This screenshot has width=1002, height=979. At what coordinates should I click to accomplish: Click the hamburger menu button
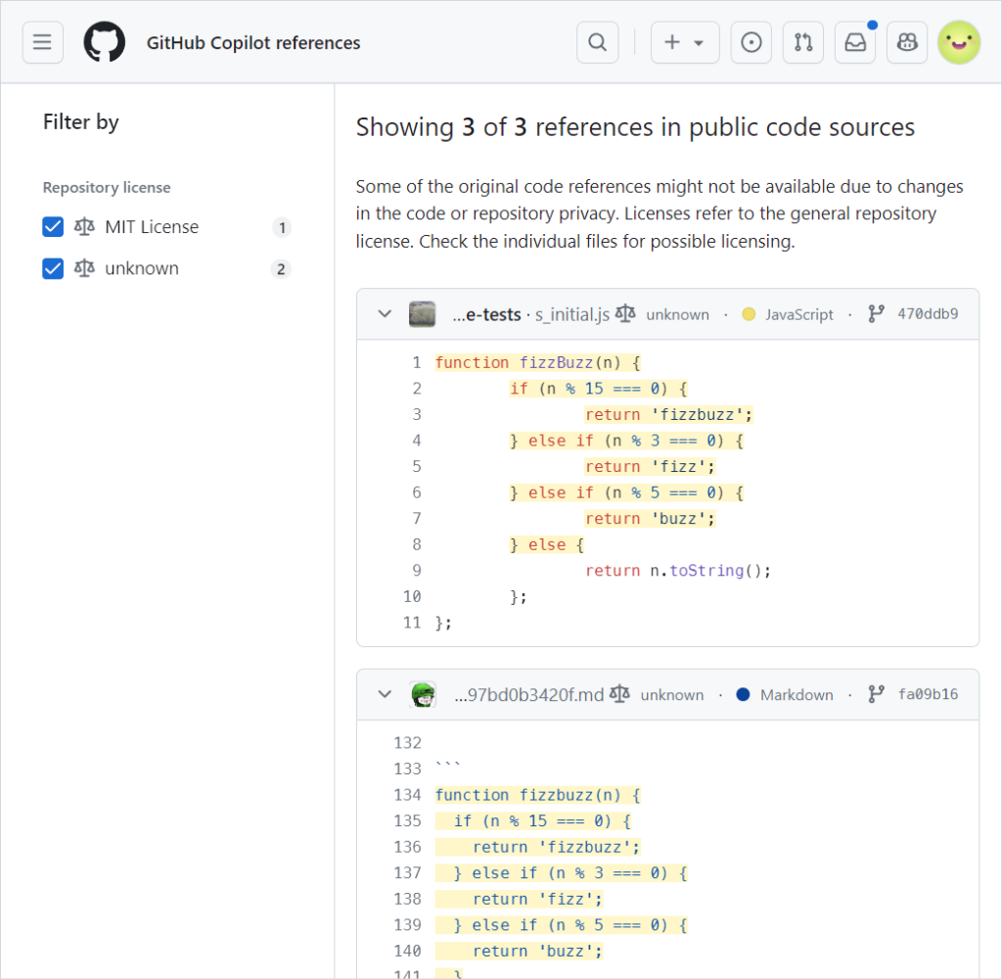click(x=43, y=42)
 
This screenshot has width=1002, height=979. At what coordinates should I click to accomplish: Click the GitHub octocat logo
click(x=104, y=42)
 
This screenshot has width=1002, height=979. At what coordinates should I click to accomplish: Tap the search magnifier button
click(x=598, y=42)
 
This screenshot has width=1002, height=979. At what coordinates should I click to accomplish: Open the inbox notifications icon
click(x=855, y=42)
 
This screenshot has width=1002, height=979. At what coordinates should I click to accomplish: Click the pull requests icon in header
click(x=803, y=42)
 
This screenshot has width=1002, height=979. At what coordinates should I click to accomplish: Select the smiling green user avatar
click(x=959, y=42)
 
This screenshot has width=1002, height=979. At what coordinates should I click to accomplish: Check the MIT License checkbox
click(x=53, y=227)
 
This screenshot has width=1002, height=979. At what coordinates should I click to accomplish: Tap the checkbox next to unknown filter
click(x=53, y=268)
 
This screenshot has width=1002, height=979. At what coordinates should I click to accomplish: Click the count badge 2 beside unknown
click(x=281, y=269)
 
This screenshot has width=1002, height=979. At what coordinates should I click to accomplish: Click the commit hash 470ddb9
click(x=928, y=314)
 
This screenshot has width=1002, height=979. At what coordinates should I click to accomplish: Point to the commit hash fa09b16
click(x=928, y=694)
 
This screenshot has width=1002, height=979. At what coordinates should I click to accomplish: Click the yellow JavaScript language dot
click(x=749, y=314)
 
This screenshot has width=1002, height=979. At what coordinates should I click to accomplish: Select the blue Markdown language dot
click(x=744, y=694)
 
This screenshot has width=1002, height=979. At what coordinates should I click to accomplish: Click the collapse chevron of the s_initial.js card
click(x=385, y=314)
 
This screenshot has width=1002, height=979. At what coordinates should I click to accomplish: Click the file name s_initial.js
click(x=572, y=314)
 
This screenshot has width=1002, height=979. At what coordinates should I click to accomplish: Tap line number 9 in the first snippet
click(x=417, y=571)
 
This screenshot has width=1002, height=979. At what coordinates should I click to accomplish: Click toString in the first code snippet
click(x=706, y=571)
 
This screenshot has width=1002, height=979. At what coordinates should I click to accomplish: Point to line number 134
click(x=408, y=795)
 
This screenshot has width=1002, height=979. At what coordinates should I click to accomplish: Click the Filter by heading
click(x=81, y=122)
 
